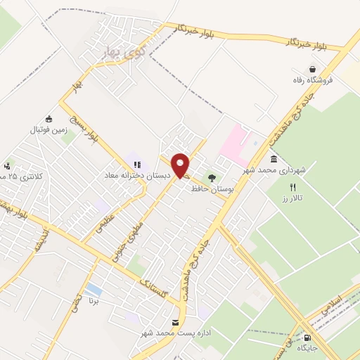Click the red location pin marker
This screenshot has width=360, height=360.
tap(181, 166)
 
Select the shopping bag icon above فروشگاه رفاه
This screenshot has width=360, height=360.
tap(311, 70)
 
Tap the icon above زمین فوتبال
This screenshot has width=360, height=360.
tap(48, 118)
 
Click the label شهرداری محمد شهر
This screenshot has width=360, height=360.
tap(275, 171)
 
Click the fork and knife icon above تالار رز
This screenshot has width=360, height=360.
tap(292, 187)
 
